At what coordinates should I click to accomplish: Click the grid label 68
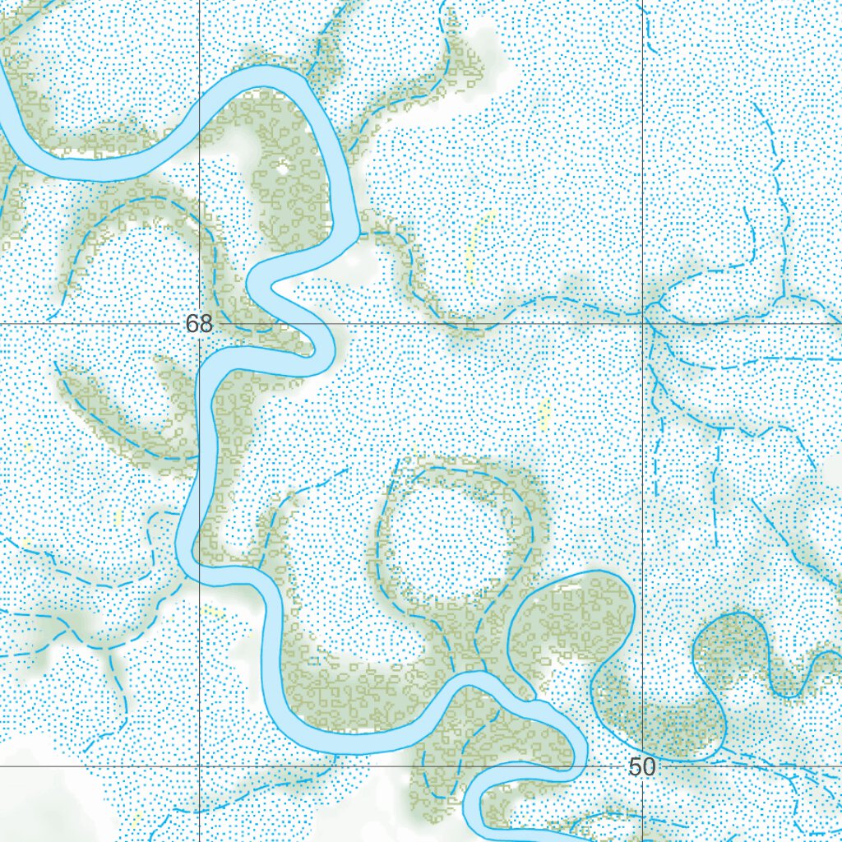tap(199, 324)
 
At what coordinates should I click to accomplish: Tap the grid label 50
tap(641, 767)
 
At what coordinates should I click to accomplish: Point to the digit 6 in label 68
tap(192, 324)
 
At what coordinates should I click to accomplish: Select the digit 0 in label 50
tap(649, 767)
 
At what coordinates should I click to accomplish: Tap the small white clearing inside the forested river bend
tap(282, 168)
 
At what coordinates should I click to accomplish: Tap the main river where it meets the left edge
tap(5, 90)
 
